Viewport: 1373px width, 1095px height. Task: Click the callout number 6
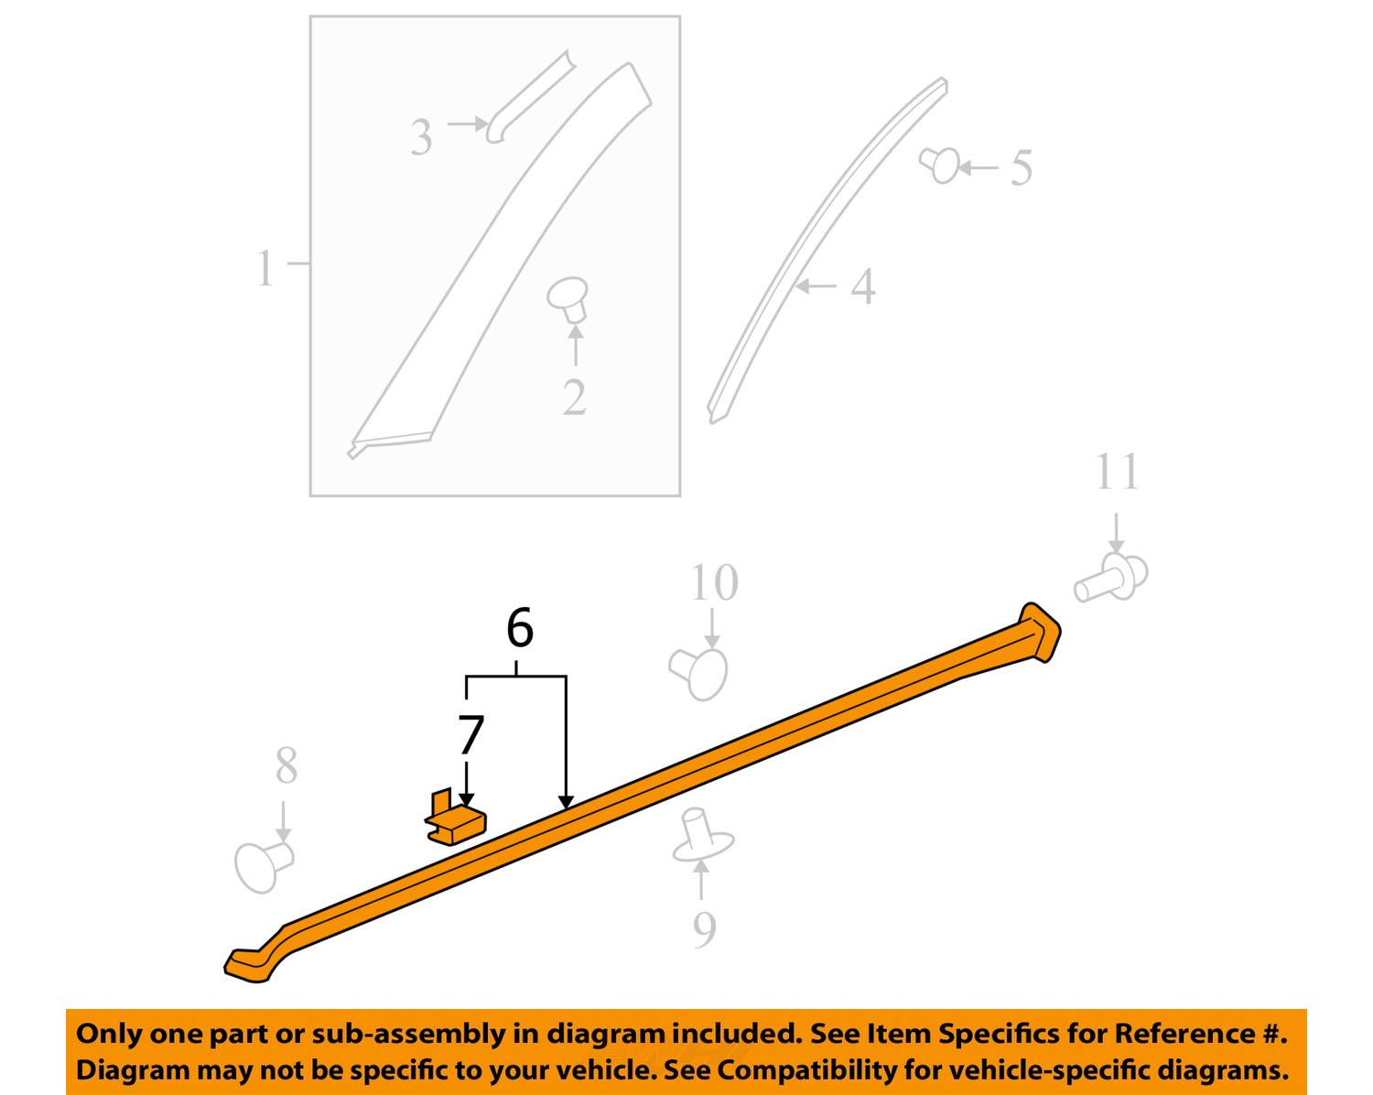click(x=519, y=629)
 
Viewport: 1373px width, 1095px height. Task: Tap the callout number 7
click(x=470, y=734)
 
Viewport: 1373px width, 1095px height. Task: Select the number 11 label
click(x=1117, y=472)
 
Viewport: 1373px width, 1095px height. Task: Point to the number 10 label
click(x=714, y=583)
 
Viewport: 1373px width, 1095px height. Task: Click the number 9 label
click(x=703, y=929)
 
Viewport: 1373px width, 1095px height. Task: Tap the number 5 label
click(x=1022, y=168)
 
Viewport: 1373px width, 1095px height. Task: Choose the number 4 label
click(x=862, y=287)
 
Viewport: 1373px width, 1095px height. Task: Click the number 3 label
click(x=421, y=138)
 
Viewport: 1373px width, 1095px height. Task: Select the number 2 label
click(x=574, y=397)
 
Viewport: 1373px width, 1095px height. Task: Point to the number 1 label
click(x=265, y=269)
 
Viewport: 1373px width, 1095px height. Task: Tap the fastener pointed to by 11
click(x=1111, y=577)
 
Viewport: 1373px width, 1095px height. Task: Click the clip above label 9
click(x=700, y=834)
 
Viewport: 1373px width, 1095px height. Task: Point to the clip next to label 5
click(x=940, y=165)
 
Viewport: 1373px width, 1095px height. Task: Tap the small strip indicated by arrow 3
click(x=529, y=96)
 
